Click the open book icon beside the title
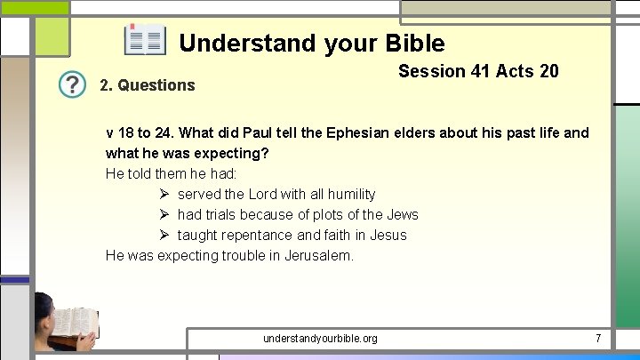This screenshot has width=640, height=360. click(x=144, y=41)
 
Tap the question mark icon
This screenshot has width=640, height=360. click(x=73, y=85)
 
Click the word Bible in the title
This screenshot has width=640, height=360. click(x=415, y=43)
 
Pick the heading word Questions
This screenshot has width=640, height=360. click(x=157, y=85)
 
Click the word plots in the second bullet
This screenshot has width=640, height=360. click(x=324, y=214)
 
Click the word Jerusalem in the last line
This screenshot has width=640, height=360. click(x=318, y=255)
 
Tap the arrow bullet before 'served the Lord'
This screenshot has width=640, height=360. click(x=164, y=194)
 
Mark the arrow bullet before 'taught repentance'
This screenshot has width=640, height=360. click(x=164, y=235)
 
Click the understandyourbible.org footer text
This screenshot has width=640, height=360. click(x=320, y=338)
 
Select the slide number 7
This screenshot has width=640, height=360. click(x=598, y=338)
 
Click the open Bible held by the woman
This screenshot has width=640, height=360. click(x=75, y=323)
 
